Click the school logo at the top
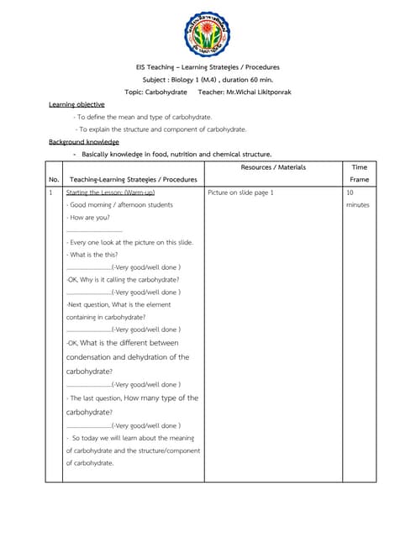pyautogui.click(x=208, y=33)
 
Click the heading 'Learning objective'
pyautogui.click(x=76, y=104)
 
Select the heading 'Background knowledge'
pyautogui.click(x=83, y=142)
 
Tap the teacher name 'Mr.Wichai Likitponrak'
pyautogui.click(x=254, y=91)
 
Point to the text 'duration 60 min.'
pyautogui.click(x=250, y=79)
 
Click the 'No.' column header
pyautogui.click(x=54, y=179)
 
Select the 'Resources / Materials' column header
pyautogui.click(x=272, y=167)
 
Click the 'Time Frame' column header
pyautogui.click(x=359, y=173)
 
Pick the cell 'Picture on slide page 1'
pyautogui.click(x=240, y=193)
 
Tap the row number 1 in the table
pyautogui.click(x=51, y=193)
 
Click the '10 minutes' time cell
pyautogui.click(x=356, y=198)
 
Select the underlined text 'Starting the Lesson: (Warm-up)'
pyautogui.click(x=109, y=193)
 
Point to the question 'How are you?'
pyautogui.click(x=89, y=217)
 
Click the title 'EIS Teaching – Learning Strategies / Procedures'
pyautogui.click(x=208, y=67)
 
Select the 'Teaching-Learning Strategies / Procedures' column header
pyautogui.click(x=133, y=179)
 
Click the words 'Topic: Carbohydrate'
pyautogui.click(x=156, y=91)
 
